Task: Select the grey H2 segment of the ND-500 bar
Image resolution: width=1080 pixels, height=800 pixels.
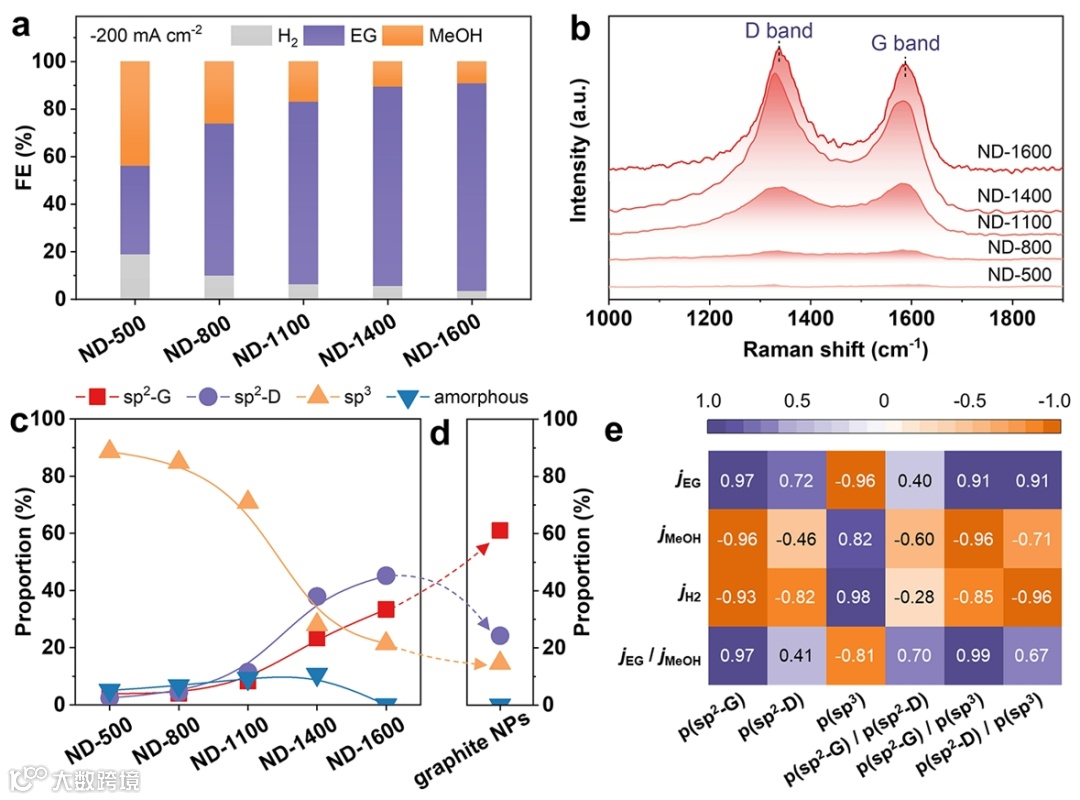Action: [x=134, y=277]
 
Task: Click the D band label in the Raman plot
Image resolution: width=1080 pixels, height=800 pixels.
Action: [x=778, y=31]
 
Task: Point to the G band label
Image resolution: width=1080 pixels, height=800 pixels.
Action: [x=903, y=43]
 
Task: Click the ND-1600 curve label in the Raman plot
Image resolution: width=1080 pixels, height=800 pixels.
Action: [x=1014, y=153]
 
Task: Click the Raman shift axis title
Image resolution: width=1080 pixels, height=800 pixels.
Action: [x=835, y=349]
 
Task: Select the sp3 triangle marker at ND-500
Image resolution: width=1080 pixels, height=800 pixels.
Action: [x=110, y=449]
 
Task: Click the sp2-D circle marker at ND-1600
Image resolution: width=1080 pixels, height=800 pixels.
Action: [x=386, y=576]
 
